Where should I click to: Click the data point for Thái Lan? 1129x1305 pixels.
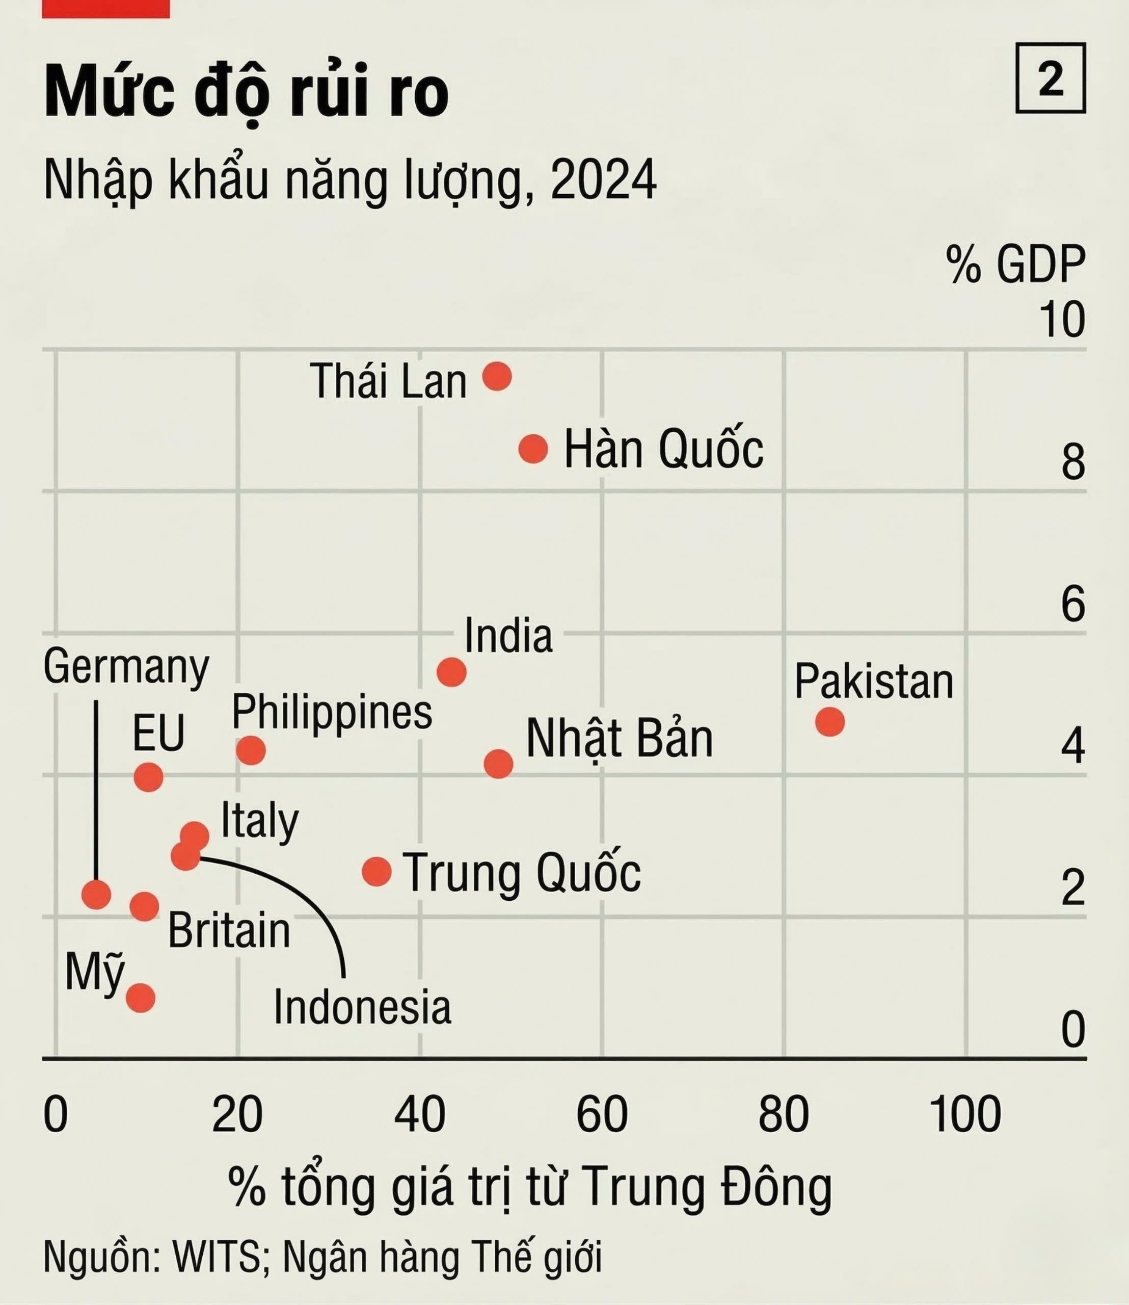[x=496, y=376]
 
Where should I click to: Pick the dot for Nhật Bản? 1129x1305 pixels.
[x=498, y=764]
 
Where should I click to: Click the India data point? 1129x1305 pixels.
[x=451, y=672]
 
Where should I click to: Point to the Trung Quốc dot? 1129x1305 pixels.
[x=377, y=872]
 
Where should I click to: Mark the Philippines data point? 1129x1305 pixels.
[x=251, y=750]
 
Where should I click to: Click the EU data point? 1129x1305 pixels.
[x=149, y=777]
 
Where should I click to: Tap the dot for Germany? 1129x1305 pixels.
[x=96, y=894]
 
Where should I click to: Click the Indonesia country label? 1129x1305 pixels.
[x=362, y=1007]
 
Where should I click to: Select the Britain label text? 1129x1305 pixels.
[x=229, y=931]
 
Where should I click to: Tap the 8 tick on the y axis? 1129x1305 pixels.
[x=1073, y=462]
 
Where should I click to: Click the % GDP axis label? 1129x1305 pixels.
[x=1015, y=264]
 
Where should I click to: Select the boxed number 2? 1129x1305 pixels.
[x=1050, y=78]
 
